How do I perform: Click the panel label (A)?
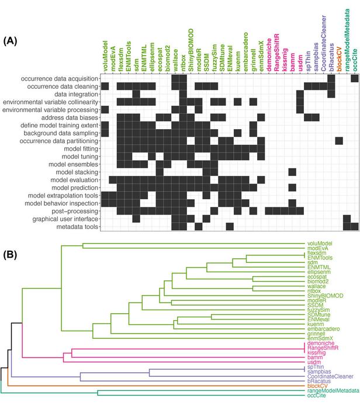pos(10,41)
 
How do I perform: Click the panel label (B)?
pos(10,255)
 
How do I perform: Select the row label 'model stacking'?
pos(77,172)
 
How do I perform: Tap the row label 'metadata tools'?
pos(77,227)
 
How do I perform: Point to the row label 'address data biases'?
pos(70,117)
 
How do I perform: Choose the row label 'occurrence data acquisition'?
pos(60,78)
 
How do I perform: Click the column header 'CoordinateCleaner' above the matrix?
pos(324,43)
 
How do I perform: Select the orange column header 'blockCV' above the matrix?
pos(339,59)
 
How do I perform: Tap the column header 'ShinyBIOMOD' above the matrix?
pos(191,50)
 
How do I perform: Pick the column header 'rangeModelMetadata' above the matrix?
pos(347,40)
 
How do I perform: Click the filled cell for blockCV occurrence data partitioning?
pos(339,141)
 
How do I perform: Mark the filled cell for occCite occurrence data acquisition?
pos(355,78)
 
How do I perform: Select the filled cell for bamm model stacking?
pos(292,172)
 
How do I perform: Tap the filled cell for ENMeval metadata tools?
pos(230,227)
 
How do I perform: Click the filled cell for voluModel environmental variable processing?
pos(105,110)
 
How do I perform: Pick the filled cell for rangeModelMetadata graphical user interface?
pos(347,219)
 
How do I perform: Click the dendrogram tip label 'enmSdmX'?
pos(320,338)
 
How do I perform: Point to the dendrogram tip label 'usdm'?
pos(314,362)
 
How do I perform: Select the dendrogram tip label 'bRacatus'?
pos(319,381)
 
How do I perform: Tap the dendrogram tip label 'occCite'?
pos(316,396)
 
